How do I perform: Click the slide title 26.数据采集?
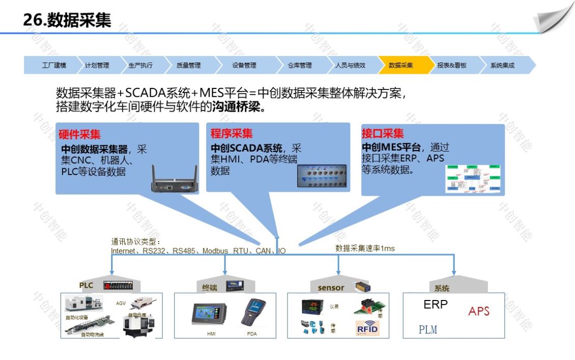(x=67, y=19)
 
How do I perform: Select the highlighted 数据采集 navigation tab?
(x=401, y=66)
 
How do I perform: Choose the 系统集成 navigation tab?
(x=502, y=66)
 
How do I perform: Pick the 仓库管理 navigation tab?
(x=300, y=66)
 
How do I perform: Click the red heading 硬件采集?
(x=79, y=135)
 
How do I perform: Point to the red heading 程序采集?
(x=232, y=134)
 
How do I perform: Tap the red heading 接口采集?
(x=383, y=134)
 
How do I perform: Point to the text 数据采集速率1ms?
(x=365, y=248)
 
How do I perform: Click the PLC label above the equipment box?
(x=86, y=285)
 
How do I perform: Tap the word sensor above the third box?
(x=331, y=288)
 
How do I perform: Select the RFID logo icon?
(x=366, y=328)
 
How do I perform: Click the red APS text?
(x=478, y=311)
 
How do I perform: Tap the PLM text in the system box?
(x=428, y=329)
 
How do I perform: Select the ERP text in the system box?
(x=436, y=305)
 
